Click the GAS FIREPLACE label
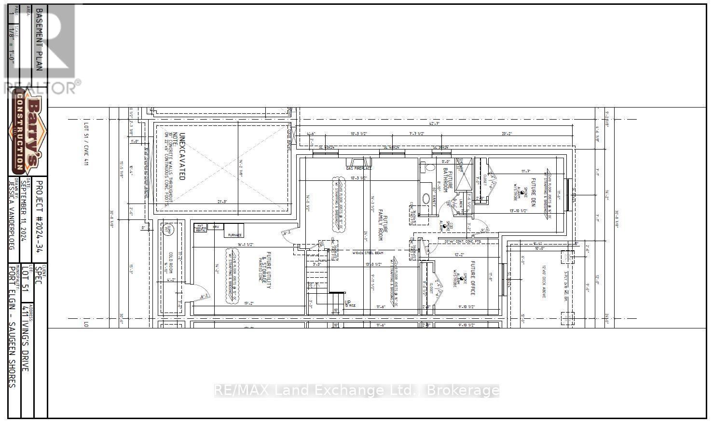tap(359, 168)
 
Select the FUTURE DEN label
tap(534, 192)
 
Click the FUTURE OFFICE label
tap(473, 277)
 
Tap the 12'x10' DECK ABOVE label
tap(544, 281)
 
